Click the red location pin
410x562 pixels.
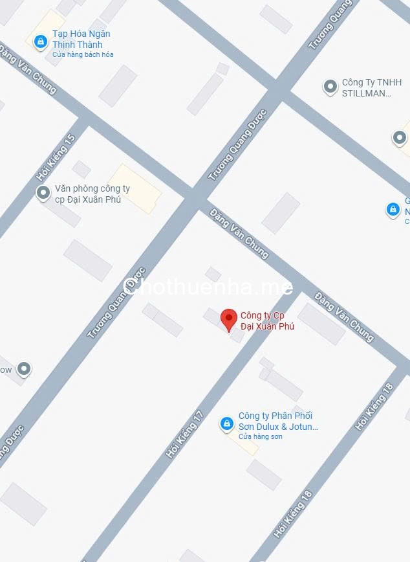pos(228,319)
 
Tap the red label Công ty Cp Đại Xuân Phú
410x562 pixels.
pos(267,320)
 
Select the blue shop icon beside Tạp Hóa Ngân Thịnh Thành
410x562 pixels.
pos(41,42)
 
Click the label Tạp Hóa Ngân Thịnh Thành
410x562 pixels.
pos(81,39)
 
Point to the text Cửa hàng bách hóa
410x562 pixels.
pos(83,54)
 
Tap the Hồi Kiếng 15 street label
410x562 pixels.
pos(56,157)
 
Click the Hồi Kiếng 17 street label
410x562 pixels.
pos(185,434)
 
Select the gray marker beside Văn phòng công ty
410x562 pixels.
pos(43,192)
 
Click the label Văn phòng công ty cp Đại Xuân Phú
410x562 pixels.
pos(92,194)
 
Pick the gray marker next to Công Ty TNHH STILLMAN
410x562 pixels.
pos(330,86)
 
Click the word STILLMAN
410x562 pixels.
pos(366,93)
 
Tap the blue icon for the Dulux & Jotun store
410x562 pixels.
pos(226,423)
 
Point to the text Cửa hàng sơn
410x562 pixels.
pos(260,437)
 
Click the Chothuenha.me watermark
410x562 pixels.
pos(207,286)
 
